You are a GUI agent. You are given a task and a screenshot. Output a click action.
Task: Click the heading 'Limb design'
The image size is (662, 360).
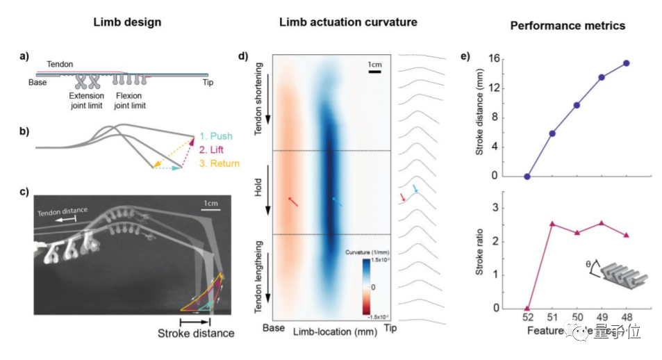click(128, 22)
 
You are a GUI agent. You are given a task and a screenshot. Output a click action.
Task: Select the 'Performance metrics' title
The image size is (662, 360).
click(568, 25)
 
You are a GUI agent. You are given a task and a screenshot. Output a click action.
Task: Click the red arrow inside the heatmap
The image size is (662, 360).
click(294, 201)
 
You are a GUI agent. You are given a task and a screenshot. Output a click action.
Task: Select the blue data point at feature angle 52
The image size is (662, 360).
click(527, 177)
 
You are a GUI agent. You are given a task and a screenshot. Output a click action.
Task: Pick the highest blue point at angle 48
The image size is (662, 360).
click(627, 63)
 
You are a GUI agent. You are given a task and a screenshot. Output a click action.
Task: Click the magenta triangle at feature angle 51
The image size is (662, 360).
click(552, 224)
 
